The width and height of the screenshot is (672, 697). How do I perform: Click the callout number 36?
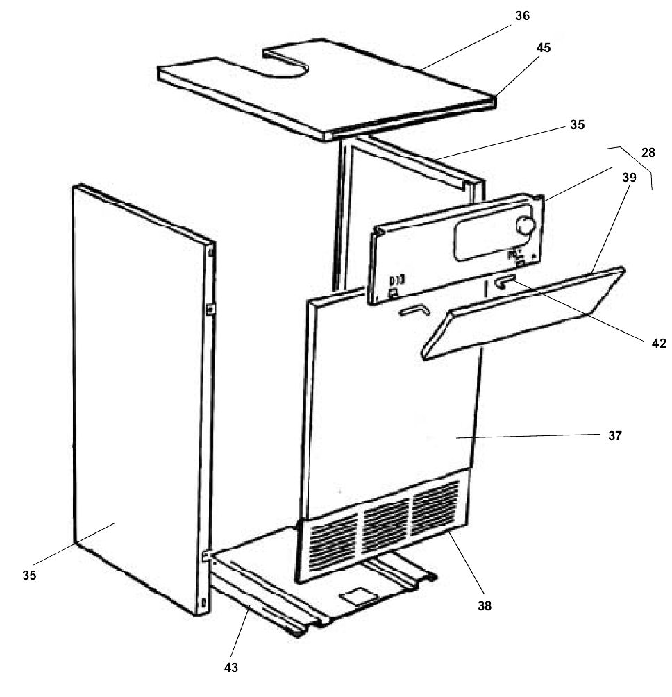coord(522,15)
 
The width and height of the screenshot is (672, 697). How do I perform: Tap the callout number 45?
coord(544,49)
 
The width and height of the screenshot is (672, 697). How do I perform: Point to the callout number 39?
coord(628,177)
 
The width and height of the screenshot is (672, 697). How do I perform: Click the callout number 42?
coord(658,342)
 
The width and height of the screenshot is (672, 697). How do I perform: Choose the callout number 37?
coord(614,436)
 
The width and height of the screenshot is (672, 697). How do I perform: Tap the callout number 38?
coord(484,605)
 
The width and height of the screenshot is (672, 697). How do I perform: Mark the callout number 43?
coord(231,667)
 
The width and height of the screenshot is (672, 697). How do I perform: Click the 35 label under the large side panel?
coord(29,575)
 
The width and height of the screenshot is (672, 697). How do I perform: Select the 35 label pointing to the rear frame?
coord(578,125)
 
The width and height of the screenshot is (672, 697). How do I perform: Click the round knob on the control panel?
coord(526,225)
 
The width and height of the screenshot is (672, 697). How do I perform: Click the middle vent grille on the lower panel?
coord(386,516)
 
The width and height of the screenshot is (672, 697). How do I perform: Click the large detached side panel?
coord(139,396)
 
